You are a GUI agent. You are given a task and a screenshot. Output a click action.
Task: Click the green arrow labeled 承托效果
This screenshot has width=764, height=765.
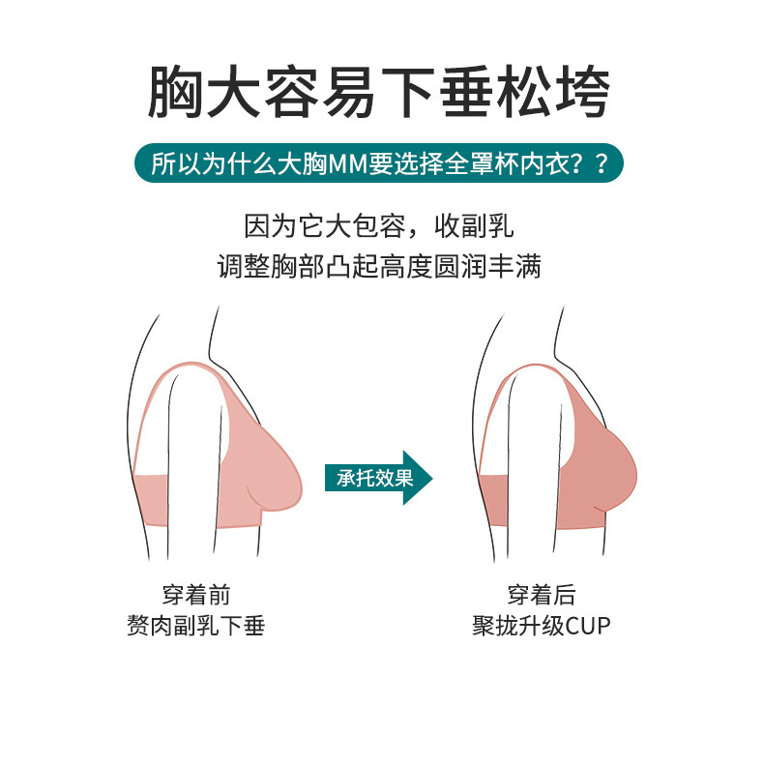click(377, 478)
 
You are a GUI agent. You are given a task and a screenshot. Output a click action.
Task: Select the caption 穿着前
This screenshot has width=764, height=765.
click(196, 596)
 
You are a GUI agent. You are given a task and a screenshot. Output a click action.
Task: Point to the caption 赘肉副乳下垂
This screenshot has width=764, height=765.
click(196, 626)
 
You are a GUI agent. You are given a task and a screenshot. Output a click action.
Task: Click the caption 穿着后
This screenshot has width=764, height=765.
click(542, 596)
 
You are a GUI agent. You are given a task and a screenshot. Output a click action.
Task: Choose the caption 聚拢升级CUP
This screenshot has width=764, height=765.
click(542, 626)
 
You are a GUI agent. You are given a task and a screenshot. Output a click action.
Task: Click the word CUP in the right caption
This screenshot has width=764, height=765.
click(589, 626)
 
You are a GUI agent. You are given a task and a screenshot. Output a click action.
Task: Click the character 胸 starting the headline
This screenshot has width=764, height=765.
click(176, 92)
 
